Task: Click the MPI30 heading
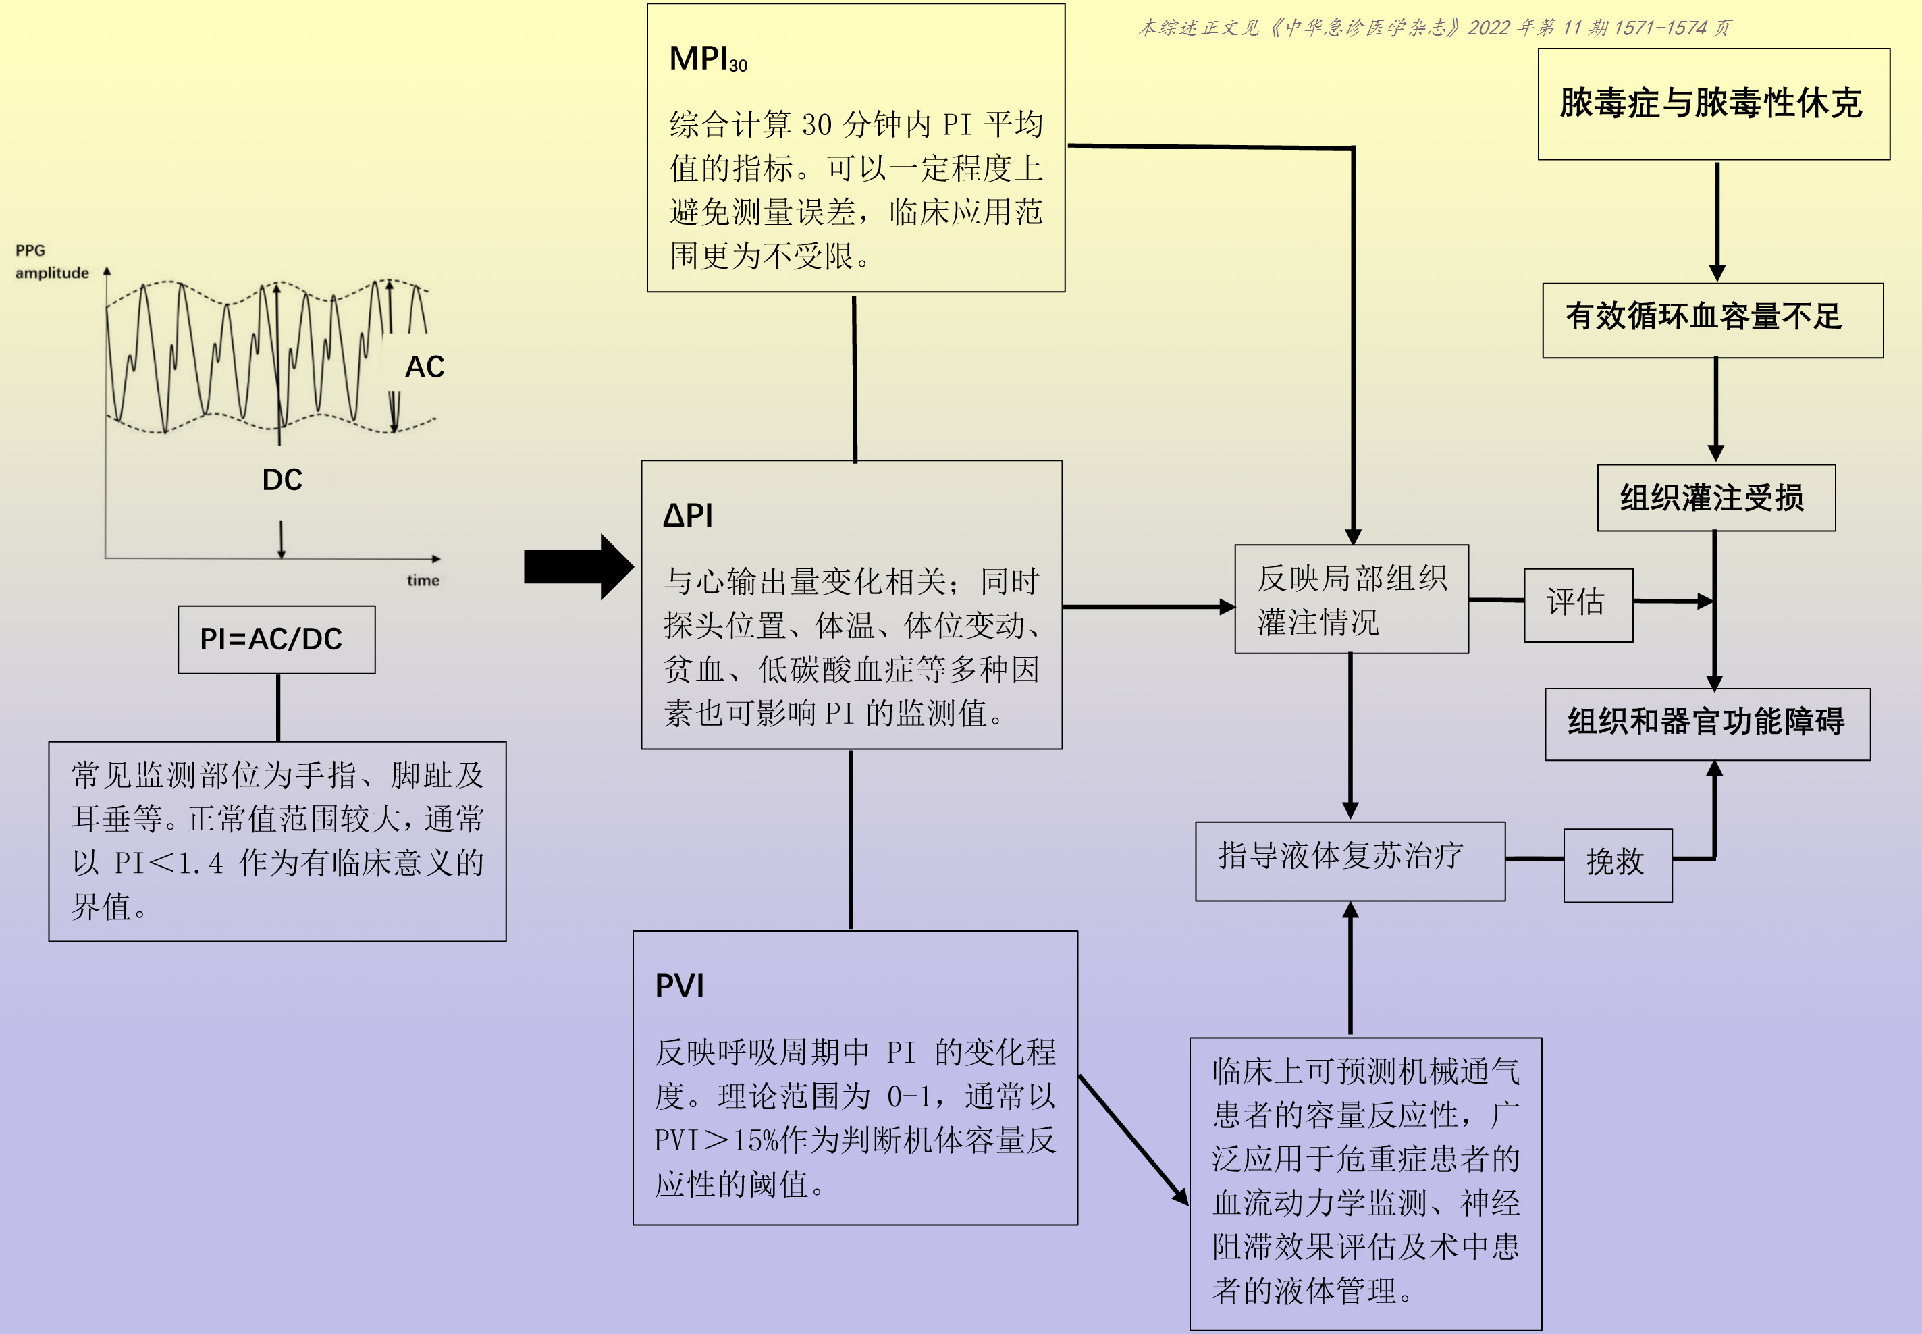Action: click(707, 59)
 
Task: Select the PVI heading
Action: click(678, 986)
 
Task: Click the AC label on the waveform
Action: click(425, 367)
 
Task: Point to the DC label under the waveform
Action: click(282, 480)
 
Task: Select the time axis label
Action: click(423, 580)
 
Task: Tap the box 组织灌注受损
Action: click(1715, 498)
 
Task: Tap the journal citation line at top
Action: click(1433, 28)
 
